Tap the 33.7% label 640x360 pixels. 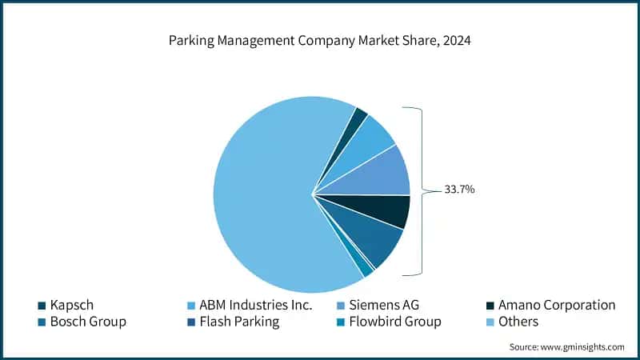click(x=461, y=190)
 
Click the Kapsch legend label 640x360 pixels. click(x=72, y=305)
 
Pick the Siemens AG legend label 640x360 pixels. click(x=388, y=305)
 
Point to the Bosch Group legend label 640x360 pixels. click(x=88, y=322)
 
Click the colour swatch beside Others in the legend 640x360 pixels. click(x=490, y=322)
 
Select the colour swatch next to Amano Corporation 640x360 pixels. click(x=490, y=305)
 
